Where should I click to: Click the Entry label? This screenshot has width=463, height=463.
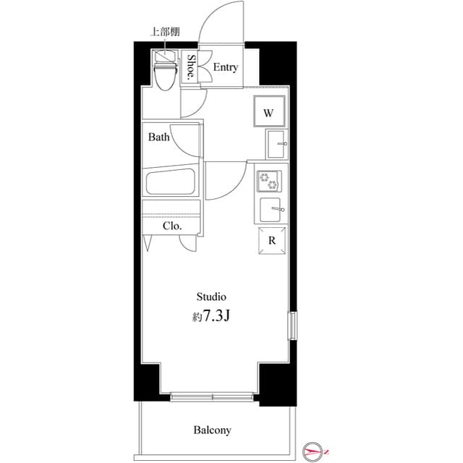226,67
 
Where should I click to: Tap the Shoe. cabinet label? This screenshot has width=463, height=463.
192,67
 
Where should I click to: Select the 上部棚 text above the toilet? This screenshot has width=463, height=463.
165,32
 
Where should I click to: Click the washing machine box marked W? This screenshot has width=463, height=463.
268,113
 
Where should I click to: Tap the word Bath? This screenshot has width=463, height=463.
159,137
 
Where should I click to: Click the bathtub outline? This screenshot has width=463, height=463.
172,182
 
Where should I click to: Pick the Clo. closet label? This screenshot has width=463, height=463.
171,226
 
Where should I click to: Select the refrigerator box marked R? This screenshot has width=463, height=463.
271,242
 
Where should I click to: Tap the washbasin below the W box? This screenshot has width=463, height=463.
276,145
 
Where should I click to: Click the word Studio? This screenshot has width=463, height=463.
212,297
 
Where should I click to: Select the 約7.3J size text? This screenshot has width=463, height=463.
211,316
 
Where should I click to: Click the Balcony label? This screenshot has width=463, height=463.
212,430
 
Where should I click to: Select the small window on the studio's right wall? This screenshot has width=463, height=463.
292,325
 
